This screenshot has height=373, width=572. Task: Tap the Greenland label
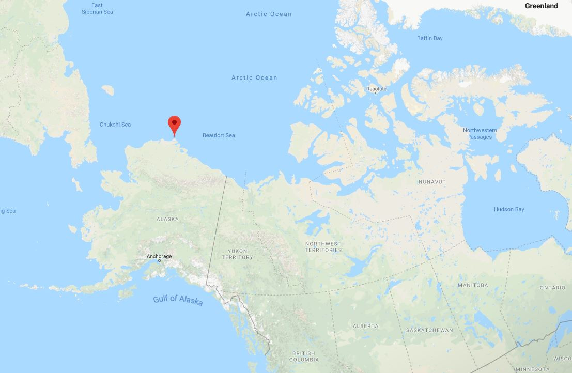pyautogui.click(x=541, y=6)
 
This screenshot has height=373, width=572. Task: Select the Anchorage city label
pyautogui.click(x=159, y=256)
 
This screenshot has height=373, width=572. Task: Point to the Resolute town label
pyautogui.click(x=376, y=89)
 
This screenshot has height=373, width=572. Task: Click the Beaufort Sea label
pyautogui.click(x=219, y=135)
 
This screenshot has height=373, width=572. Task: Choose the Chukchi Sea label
pyautogui.click(x=115, y=125)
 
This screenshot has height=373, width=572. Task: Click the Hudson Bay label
pyautogui.click(x=509, y=209)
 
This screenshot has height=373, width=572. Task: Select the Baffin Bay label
pyautogui.click(x=429, y=38)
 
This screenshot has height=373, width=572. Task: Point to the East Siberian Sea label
pyautogui.click(x=97, y=8)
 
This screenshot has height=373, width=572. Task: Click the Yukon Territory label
pyautogui.click(x=238, y=254)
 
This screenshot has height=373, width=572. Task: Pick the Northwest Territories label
pyautogui.click(x=323, y=247)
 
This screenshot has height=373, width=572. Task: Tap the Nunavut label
pyautogui.click(x=432, y=182)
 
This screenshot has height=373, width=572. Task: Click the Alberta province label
pyautogui.click(x=365, y=326)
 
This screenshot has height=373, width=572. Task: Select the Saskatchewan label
pyautogui.click(x=429, y=330)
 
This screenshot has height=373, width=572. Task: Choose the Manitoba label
pyautogui.click(x=473, y=285)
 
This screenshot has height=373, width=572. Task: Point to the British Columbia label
pyautogui.click(x=304, y=356)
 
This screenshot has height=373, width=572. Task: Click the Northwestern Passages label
pyautogui.click(x=480, y=133)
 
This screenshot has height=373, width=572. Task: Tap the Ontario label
pyautogui.click(x=552, y=288)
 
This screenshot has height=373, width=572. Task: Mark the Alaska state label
pyautogui.click(x=167, y=219)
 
